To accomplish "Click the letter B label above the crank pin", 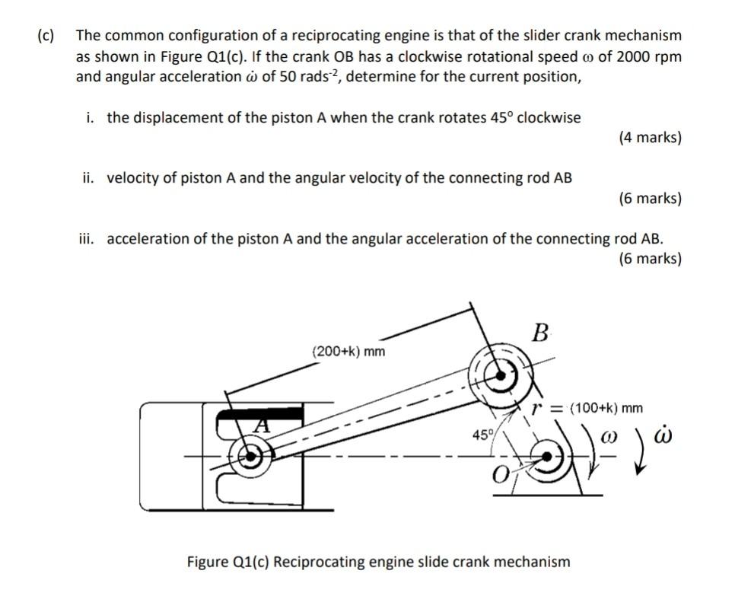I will pyautogui.click(x=540, y=333).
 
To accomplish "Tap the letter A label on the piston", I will pyautogui.click(x=261, y=427).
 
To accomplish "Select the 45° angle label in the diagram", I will pyautogui.click(x=482, y=435).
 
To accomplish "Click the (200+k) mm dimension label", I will pyautogui.click(x=349, y=351).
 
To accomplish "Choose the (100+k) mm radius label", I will pyautogui.click(x=606, y=408).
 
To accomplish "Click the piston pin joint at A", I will pyautogui.click(x=248, y=457).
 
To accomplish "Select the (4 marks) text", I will pyautogui.click(x=650, y=138).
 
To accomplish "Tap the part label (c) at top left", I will pyautogui.click(x=46, y=36).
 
